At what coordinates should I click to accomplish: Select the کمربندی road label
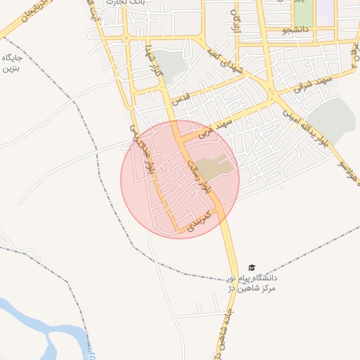coord(199,220)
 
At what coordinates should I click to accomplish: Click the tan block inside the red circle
coord(214,167)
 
